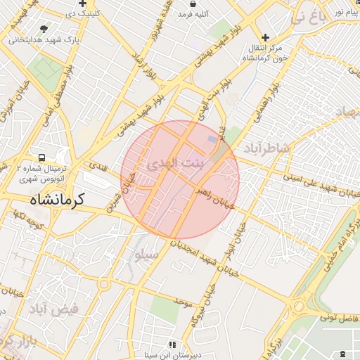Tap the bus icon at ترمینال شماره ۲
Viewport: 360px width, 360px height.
click(x=42, y=157)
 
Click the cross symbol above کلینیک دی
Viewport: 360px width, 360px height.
click(x=82, y=4)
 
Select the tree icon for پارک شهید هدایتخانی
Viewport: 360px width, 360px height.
click(x=45, y=29)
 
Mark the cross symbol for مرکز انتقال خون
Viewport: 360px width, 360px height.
click(x=265, y=37)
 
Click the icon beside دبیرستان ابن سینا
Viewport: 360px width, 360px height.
click(x=171, y=345)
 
